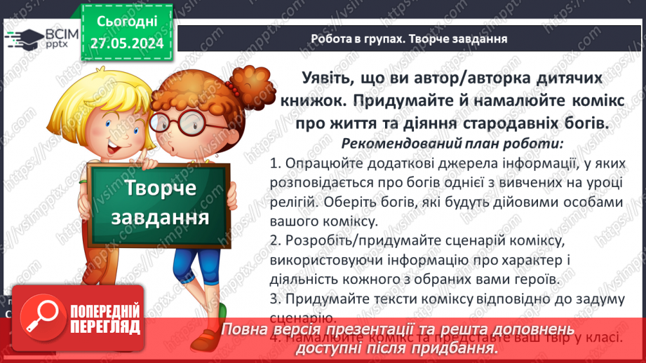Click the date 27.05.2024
[126, 43]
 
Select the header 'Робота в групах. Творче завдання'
[410, 39]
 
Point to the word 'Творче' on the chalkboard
[161, 188]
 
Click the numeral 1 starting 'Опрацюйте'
[274, 165]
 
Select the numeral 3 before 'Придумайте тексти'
[274, 299]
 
